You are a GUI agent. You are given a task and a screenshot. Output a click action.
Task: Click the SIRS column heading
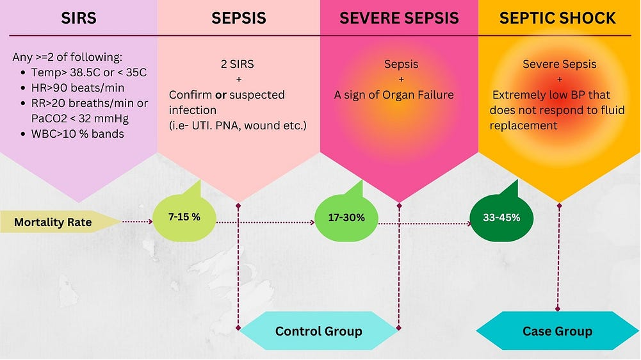[79, 18]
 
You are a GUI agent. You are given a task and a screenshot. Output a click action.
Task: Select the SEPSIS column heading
[238, 18]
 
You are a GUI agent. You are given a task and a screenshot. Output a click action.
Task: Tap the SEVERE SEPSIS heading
[399, 18]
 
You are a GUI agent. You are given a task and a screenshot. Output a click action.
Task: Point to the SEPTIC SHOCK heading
[558, 18]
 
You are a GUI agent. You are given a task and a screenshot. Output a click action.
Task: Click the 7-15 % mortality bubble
[184, 217]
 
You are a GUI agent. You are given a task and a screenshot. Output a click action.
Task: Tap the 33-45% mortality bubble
[501, 217]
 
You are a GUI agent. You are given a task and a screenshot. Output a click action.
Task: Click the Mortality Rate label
[53, 223]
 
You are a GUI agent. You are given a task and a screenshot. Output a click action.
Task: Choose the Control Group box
[318, 331]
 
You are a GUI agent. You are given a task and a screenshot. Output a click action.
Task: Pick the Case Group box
[557, 331]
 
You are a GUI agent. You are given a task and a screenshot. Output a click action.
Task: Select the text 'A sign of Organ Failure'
[394, 95]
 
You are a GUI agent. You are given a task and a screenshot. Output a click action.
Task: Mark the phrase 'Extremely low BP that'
[550, 95]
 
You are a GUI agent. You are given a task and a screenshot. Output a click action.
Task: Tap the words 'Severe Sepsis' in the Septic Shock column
[559, 64]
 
